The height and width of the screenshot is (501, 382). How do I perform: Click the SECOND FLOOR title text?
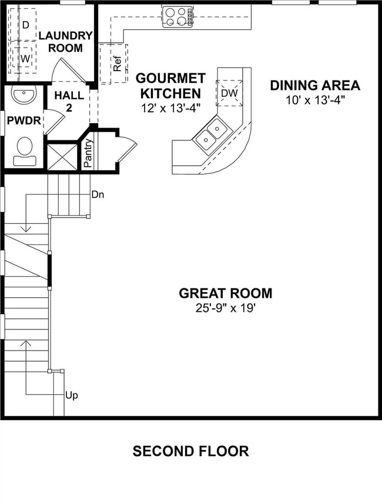190,451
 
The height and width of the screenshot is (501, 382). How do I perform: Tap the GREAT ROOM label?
225,293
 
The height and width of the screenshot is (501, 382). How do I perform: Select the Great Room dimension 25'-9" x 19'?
225,307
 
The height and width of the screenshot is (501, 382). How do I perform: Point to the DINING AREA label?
314,85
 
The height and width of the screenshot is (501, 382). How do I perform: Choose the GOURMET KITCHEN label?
170,86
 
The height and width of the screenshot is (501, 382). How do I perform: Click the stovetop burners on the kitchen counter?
177,17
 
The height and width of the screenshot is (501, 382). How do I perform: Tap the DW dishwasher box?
229,93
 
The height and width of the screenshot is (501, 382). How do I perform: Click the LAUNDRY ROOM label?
65,42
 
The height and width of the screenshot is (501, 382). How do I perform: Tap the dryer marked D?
25,25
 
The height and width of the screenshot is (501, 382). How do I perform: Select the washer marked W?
25,59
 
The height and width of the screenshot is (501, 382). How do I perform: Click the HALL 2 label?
65,100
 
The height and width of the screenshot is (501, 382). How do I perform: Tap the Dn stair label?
98,194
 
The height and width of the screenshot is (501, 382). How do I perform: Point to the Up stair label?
71,395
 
